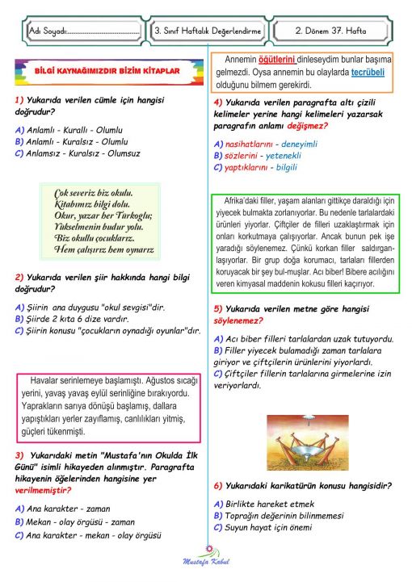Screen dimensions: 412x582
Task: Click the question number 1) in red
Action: (x=19, y=99)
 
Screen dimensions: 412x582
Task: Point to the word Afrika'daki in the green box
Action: (x=242, y=199)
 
